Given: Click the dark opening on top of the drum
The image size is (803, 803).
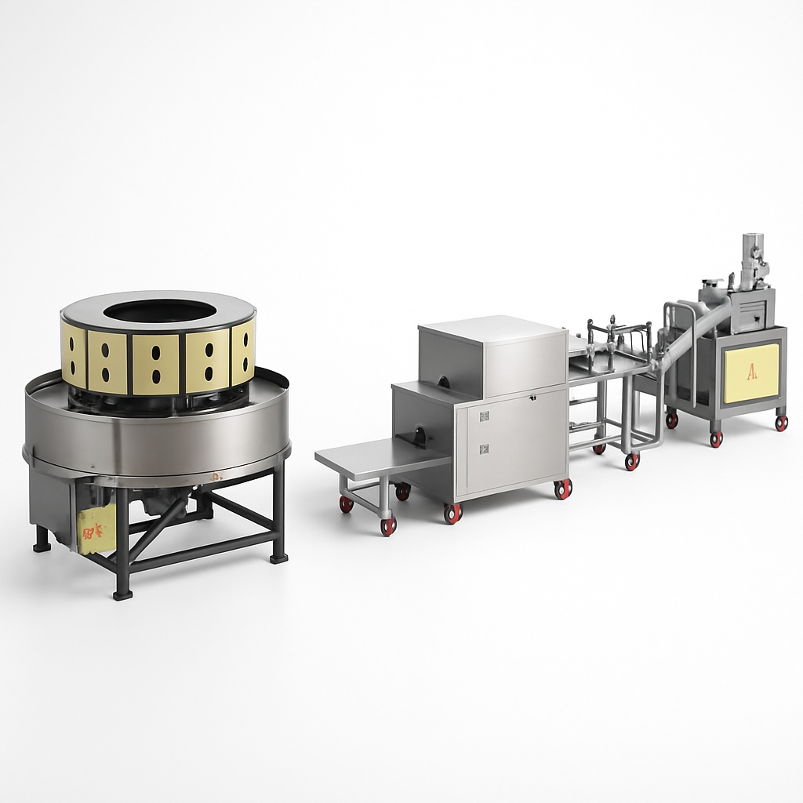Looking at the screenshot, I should point(159,311).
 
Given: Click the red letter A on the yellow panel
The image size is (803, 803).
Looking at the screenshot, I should point(752,372).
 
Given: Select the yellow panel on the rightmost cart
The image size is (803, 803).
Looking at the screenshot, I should point(751,373).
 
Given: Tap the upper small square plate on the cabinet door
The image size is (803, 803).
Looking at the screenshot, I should point(484,416).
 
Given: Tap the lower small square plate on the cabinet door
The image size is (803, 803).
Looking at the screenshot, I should point(484,449).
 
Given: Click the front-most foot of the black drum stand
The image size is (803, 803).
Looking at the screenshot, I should point(122,594).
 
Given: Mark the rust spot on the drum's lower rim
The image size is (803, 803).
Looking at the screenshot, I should point(213,476).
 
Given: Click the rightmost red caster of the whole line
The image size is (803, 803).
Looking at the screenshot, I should point(781,423).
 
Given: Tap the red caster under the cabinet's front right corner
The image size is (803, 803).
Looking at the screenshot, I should point(563,489).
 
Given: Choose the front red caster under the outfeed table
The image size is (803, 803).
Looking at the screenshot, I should point(388,526).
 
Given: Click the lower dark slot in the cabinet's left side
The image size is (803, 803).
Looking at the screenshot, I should point(419,436).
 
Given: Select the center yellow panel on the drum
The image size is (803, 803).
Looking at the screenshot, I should point(155,363).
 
